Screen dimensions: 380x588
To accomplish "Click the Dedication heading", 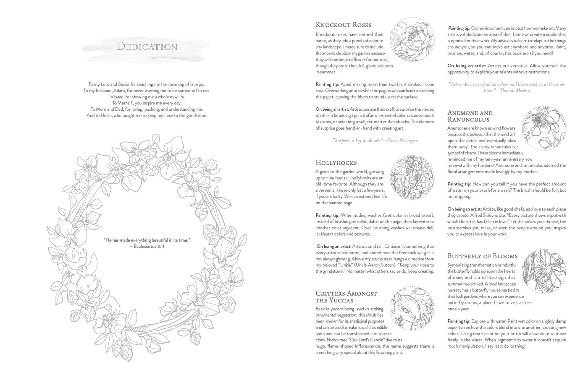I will click(147, 46).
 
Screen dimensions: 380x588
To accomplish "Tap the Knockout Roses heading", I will click(343, 25).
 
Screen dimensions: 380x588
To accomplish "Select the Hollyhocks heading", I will click(336, 163).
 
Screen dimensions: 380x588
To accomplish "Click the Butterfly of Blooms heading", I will click(482, 256).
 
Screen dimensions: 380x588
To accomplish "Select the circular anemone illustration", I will click(544, 128).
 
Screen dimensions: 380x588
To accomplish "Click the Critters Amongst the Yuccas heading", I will click(346, 297).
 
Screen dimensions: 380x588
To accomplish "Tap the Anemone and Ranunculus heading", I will click(470, 116).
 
